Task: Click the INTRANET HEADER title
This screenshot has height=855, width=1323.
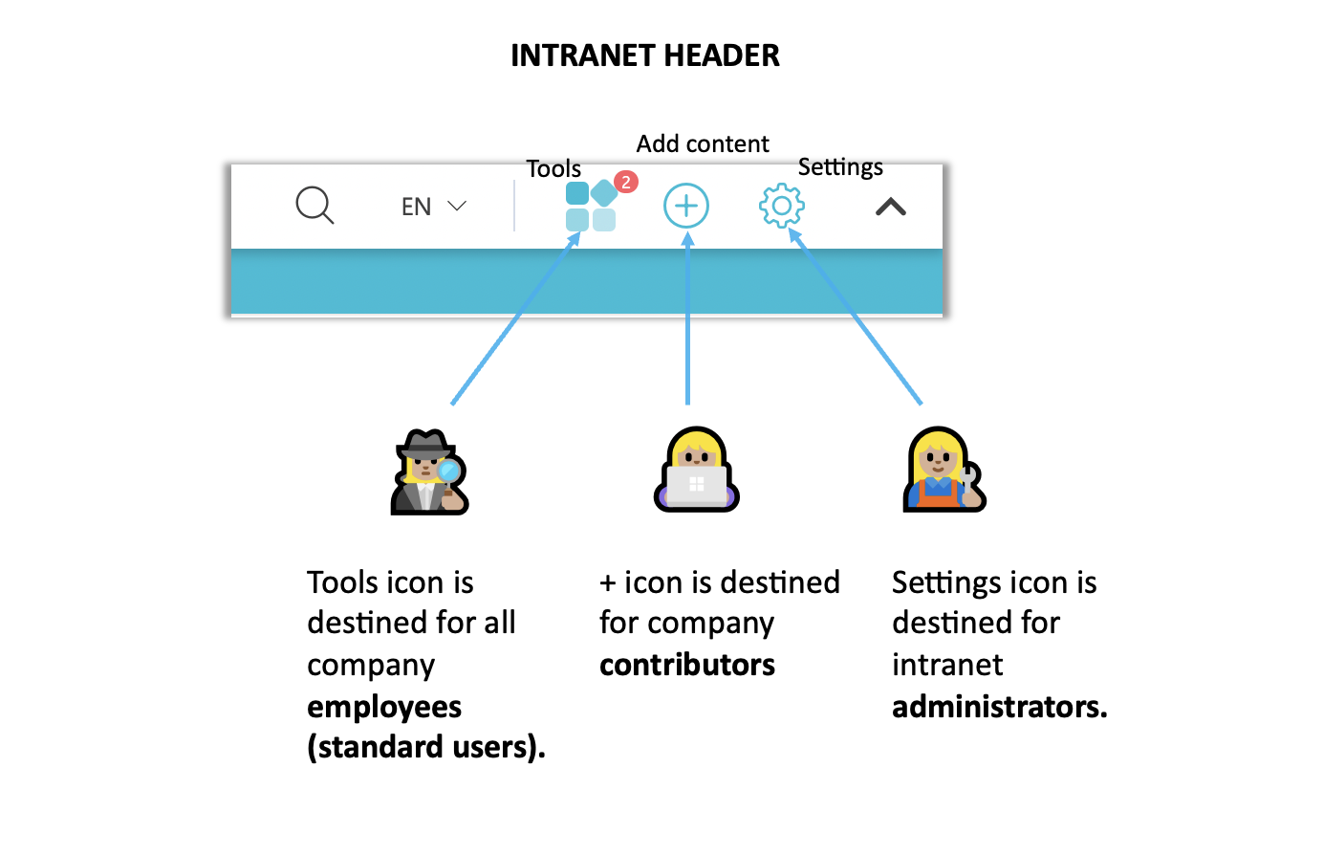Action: [x=644, y=55]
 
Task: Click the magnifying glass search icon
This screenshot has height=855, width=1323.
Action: [x=314, y=206]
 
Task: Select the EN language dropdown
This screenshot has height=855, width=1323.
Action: [x=433, y=207]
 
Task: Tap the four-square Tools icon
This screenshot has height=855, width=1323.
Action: [x=590, y=207]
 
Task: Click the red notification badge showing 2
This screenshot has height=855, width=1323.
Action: [x=626, y=182]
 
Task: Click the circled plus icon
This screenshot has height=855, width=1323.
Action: [x=686, y=206]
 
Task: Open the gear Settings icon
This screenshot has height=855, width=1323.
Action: [x=782, y=206]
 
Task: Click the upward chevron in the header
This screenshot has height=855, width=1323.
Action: [x=891, y=207]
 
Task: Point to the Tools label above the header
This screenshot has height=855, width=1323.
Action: [x=553, y=169]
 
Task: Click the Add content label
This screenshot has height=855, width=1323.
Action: [x=703, y=143]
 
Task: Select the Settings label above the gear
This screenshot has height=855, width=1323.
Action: [x=840, y=167]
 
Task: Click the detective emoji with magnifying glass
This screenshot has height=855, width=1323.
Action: [x=429, y=472]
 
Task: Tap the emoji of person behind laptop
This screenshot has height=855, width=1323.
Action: [x=697, y=471]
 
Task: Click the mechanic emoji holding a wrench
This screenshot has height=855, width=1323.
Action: [x=944, y=471]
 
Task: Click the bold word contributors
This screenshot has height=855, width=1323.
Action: [x=687, y=665]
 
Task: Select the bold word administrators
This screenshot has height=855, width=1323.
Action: [x=999, y=707]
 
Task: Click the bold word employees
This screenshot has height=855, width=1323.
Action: [x=384, y=707]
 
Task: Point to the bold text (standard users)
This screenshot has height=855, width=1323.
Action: [x=426, y=747]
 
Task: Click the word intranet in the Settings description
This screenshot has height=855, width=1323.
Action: [x=947, y=665]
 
